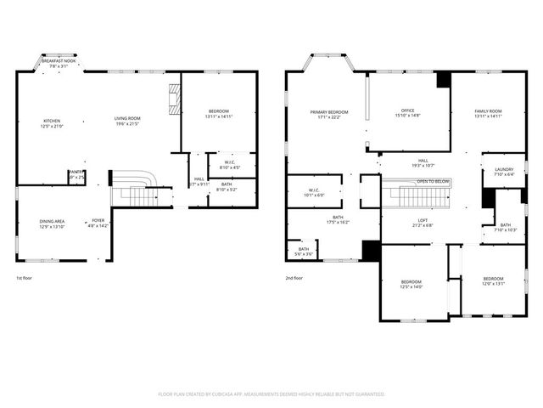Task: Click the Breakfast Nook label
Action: click(59, 61)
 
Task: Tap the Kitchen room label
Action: click(52, 121)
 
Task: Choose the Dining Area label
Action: click(52, 221)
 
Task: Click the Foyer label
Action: click(98, 220)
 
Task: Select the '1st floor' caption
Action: click(25, 278)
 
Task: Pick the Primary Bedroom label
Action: click(329, 112)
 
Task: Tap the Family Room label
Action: click(488, 111)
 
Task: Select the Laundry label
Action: click(504, 170)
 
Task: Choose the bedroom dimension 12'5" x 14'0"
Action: click(411, 287)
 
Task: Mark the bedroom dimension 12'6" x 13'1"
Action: click(493, 284)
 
